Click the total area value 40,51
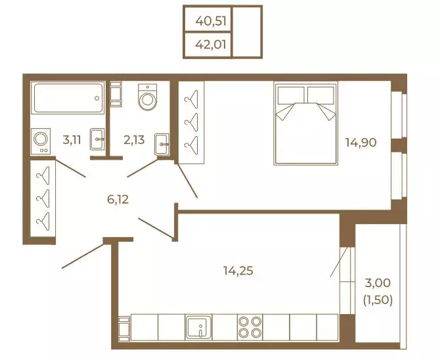[x=211, y=21]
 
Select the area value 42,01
[x=211, y=45]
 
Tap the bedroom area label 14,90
[x=361, y=143]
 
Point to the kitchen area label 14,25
[x=238, y=271]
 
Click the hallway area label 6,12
[x=118, y=199]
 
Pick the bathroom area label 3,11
[x=72, y=139]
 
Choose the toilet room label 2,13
[x=134, y=139]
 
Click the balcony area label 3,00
[x=378, y=282]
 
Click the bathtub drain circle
[x=97, y=98]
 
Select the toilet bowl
[x=148, y=97]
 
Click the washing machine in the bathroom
[x=41, y=141]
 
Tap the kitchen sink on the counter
[x=199, y=327]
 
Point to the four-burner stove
[x=250, y=327]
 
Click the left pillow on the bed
[x=291, y=95]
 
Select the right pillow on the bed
[x=320, y=95]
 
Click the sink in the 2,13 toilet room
[x=162, y=144]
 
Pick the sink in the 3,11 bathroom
[x=97, y=139]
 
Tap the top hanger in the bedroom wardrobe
[x=191, y=99]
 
